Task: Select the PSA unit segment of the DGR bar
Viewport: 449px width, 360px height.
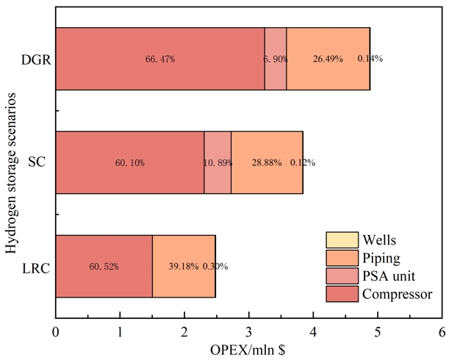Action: [276, 59]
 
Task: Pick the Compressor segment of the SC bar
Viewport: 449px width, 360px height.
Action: [129, 162]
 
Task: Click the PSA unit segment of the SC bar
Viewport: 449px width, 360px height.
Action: [218, 162]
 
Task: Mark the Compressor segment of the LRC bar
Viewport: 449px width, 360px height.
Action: [104, 266]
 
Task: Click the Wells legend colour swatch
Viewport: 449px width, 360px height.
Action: [342, 240]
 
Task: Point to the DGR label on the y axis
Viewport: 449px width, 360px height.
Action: [36, 59]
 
